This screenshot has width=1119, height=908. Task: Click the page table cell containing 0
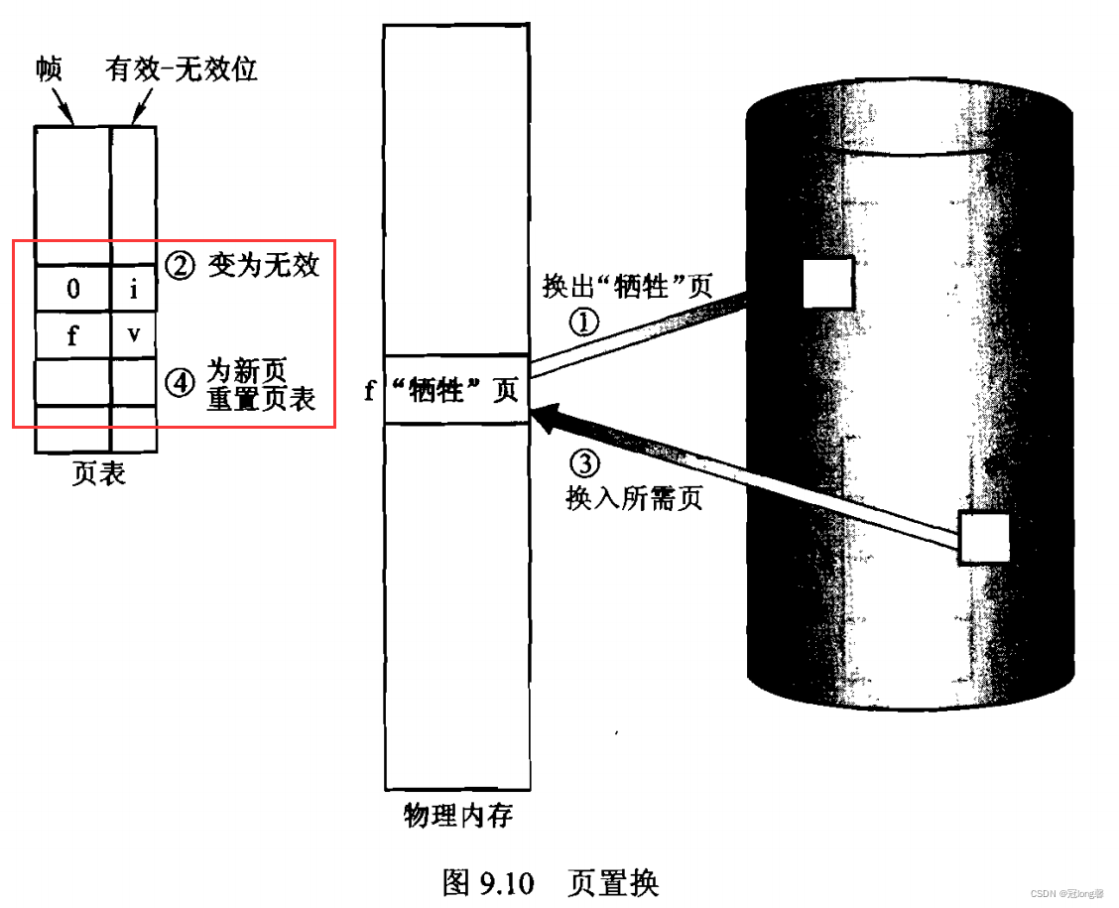72,290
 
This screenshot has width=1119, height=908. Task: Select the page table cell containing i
134,290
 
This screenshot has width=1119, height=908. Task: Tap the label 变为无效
264,266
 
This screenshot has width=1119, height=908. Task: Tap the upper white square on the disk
827,284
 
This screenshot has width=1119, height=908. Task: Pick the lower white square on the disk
984,539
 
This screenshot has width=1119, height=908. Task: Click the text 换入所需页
634,497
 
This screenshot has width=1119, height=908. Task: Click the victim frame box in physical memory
457,389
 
